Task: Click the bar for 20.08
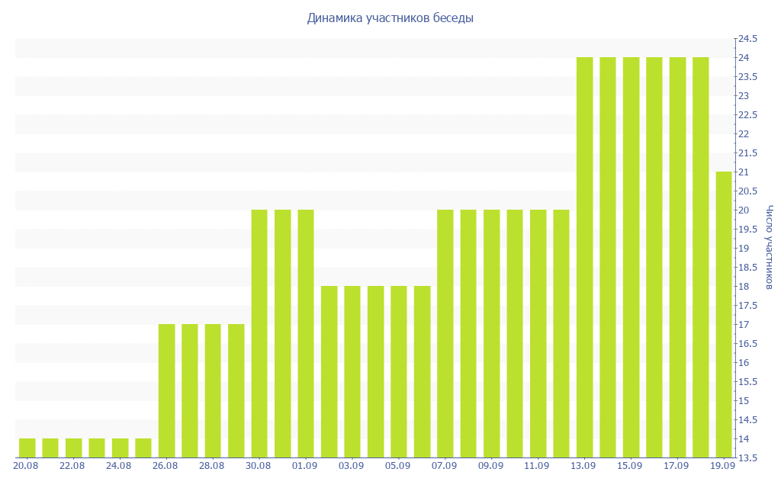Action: (27, 448)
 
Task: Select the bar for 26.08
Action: (167, 391)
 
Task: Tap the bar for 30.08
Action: (259, 334)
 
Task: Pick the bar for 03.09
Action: (352, 372)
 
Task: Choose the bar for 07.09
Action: (445, 334)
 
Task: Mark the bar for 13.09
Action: (585, 258)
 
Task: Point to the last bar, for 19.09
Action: (724, 315)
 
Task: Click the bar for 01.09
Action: (306, 334)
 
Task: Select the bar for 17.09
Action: (677, 258)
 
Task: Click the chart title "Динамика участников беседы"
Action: (390, 18)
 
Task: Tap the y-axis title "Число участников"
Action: (769, 247)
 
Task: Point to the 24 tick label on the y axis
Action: (744, 58)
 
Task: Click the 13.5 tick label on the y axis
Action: (747, 458)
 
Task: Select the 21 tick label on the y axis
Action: (744, 172)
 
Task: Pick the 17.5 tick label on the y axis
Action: (747, 306)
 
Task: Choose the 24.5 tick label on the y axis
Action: (747, 39)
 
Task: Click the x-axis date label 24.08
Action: (118, 466)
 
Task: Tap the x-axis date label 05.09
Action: (397, 466)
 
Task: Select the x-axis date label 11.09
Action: (537, 466)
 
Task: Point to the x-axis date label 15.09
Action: (629, 466)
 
